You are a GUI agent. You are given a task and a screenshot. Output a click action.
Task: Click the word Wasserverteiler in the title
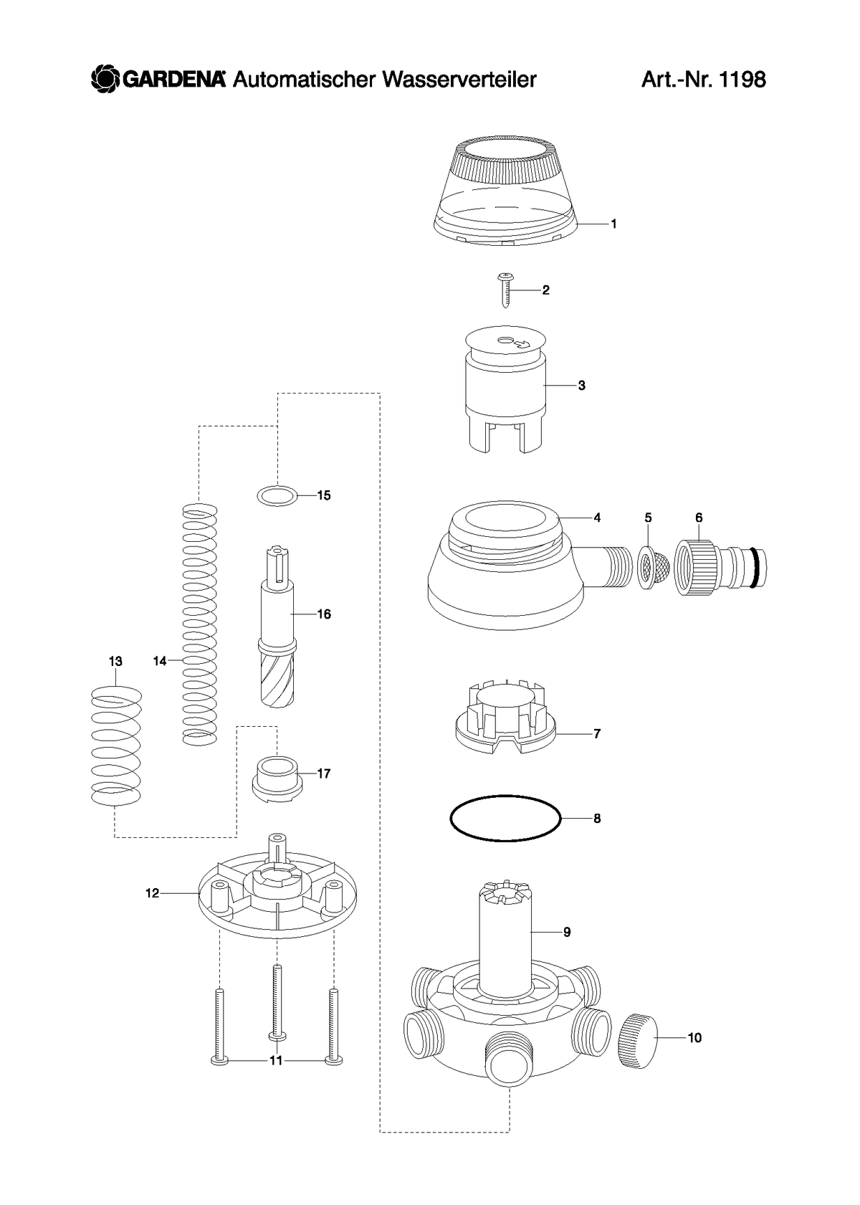click(459, 80)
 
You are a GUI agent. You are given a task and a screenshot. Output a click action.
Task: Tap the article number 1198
click(742, 80)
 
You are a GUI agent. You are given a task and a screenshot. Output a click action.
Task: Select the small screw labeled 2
click(505, 290)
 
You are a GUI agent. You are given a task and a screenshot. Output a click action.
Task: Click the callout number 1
click(613, 224)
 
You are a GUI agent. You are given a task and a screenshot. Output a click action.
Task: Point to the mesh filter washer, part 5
click(652, 568)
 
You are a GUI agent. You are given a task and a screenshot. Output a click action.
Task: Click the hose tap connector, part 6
click(720, 568)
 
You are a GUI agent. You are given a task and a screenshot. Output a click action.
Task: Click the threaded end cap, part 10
click(637, 1040)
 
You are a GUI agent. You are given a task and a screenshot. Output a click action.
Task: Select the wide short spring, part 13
click(116, 746)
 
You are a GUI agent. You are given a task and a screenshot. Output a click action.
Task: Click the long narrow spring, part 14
click(199, 624)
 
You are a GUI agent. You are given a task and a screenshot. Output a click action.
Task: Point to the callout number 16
click(324, 614)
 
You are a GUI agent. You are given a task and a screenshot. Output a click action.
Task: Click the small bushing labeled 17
click(277, 780)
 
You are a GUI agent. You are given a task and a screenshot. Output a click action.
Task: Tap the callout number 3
click(581, 385)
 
